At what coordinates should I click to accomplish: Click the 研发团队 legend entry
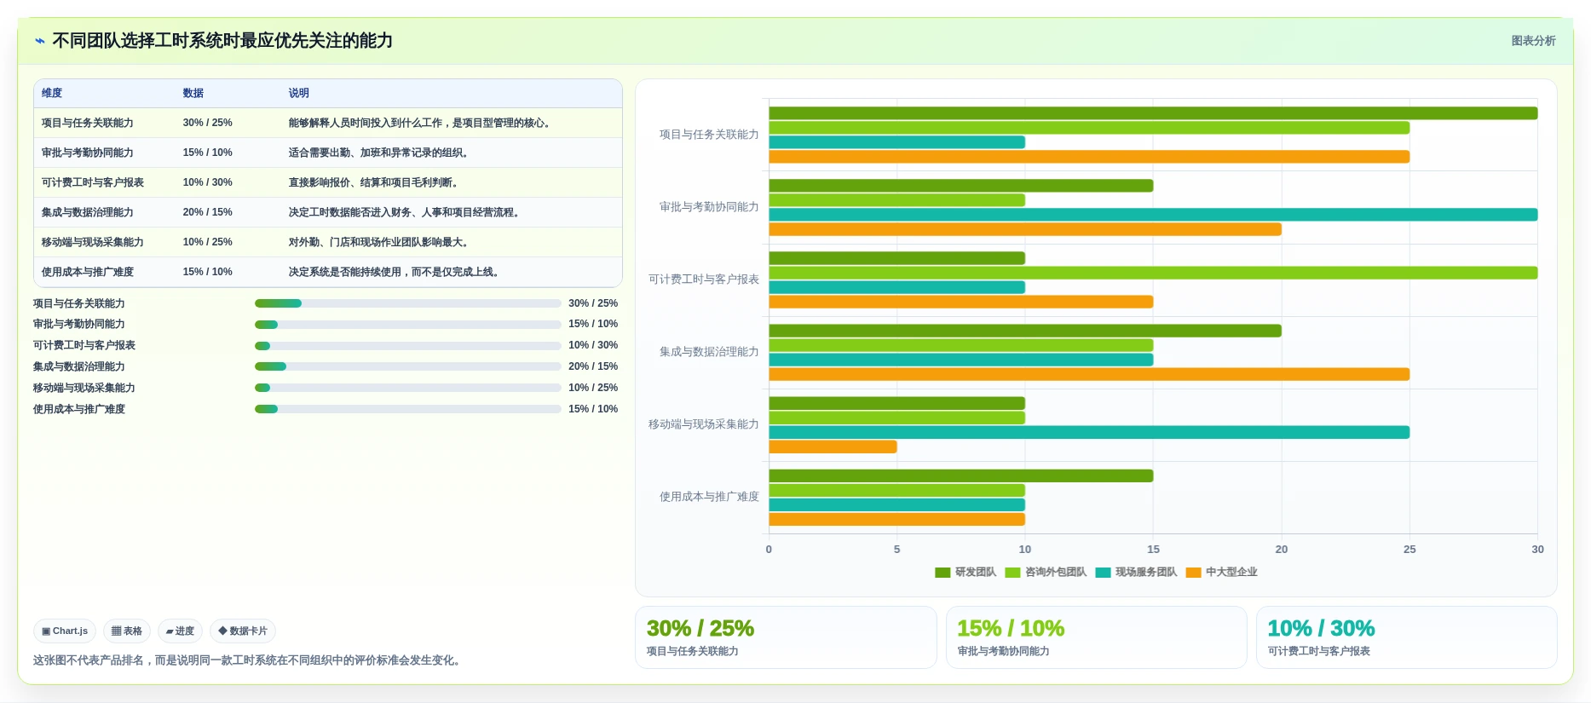pyautogui.click(x=966, y=572)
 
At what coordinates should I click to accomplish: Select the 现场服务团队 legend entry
pyautogui.click(x=1136, y=572)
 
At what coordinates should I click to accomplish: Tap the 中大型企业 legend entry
pyautogui.click(x=1221, y=572)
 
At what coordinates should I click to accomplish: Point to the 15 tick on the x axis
pyautogui.click(x=1153, y=550)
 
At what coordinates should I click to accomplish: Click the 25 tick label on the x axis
pyautogui.click(x=1409, y=550)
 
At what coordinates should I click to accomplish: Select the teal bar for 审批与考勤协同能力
pyautogui.click(x=1153, y=215)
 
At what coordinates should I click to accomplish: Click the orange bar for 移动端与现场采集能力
pyautogui.click(x=833, y=447)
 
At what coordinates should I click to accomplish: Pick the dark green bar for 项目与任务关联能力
pyautogui.click(x=1153, y=113)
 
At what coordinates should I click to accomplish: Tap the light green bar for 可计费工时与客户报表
pyautogui.click(x=1153, y=273)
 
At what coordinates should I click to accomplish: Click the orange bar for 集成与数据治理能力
pyautogui.click(x=1089, y=374)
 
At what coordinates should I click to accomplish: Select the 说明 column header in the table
pyautogui.click(x=298, y=93)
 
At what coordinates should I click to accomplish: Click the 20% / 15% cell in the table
pyautogui.click(x=207, y=212)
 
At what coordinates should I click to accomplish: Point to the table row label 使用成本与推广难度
pyautogui.click(x=87, y=272)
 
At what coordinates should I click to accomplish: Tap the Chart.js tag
pyautogui.click(x=65, y=631)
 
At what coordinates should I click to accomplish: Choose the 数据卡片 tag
pyautogui.click(x=243, y=631)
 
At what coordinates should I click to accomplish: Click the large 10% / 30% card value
pyautogui.click(x=1321, y=628)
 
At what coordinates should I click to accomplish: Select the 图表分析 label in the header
pyautogui.click(x=1533, y=41)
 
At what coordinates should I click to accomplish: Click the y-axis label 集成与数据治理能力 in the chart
pyautogui.click(x=709, y=352)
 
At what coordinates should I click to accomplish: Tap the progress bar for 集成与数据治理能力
pyautogui.click(x=407, y=366)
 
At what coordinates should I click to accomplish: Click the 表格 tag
pyautogui.click(x=127, y=631)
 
